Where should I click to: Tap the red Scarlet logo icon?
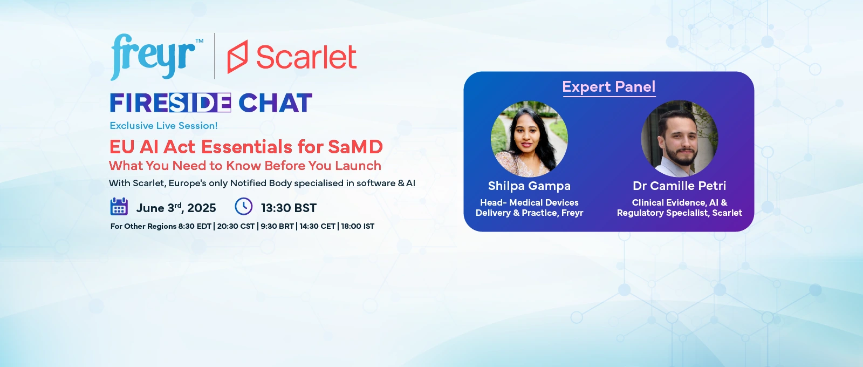tap(237, 57)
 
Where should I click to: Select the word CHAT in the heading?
tap(275, 103)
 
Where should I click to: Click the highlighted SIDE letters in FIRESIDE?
tap(200, 103)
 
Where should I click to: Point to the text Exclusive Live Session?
tap(164, 126)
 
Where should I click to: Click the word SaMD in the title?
tap(355, 147)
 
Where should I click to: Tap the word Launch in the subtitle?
tap(358, 166)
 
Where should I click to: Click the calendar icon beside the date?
tap(119, 206)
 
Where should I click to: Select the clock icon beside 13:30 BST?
tap(243, 206)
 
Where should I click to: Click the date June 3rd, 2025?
tap(176, 208)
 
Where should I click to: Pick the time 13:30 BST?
tap(289, 208)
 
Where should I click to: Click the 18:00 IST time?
tap(358, 226)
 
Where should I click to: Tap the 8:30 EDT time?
tap(195, 226)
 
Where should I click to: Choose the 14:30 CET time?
tap(318, 226)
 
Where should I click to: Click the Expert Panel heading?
tap(609, 87)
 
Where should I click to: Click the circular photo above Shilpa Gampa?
tap(529, 139)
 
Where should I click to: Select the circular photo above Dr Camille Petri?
tap(679, 139)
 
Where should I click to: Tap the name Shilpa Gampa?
tap(529, 186)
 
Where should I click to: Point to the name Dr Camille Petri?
tap(679, 186)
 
